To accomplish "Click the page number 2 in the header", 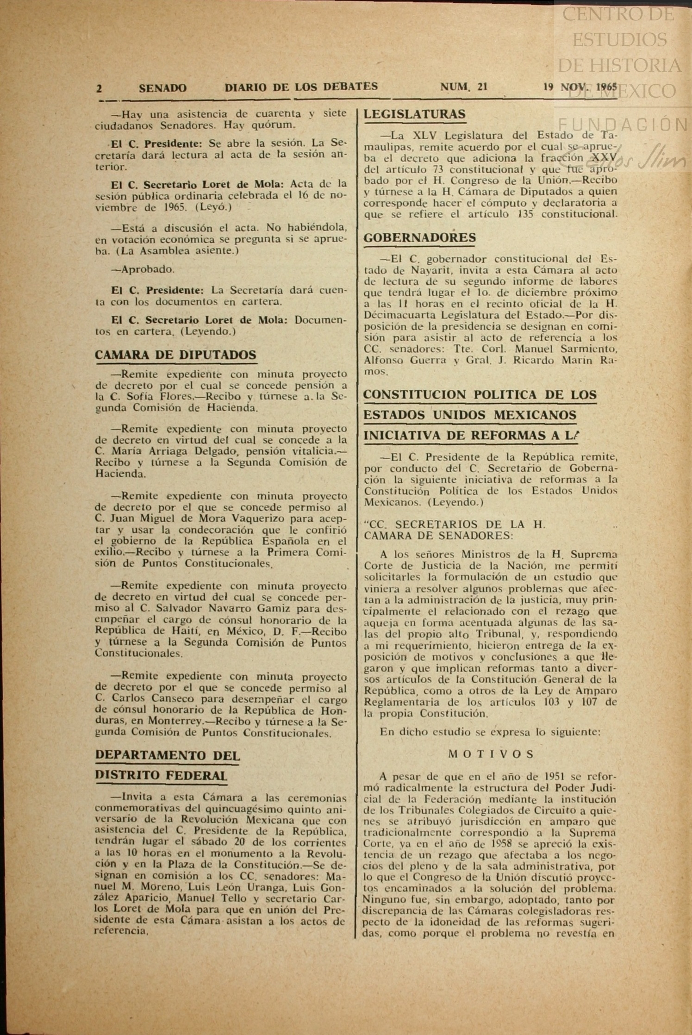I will [99, 88].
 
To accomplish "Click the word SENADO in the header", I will [162, 88].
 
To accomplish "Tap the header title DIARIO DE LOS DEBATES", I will [301, 87].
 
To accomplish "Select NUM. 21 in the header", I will [463, 87].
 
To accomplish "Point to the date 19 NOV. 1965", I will [580, 87].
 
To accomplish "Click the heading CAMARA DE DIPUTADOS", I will [175, 355].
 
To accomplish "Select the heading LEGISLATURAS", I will [415, 114].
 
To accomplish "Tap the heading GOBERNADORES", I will [419, 238].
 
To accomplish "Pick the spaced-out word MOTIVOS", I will [491, 754].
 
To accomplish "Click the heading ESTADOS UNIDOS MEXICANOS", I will [470, 415].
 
